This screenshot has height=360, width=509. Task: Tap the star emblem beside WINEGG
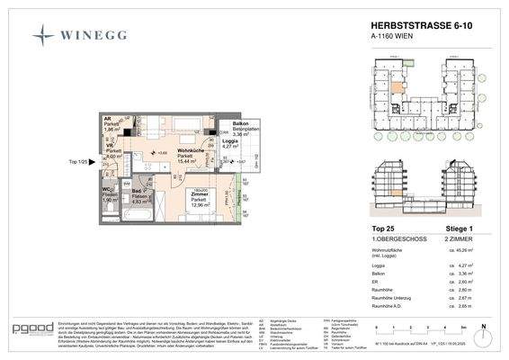pos(43,36)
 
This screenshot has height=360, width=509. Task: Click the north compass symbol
pos(483,328)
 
